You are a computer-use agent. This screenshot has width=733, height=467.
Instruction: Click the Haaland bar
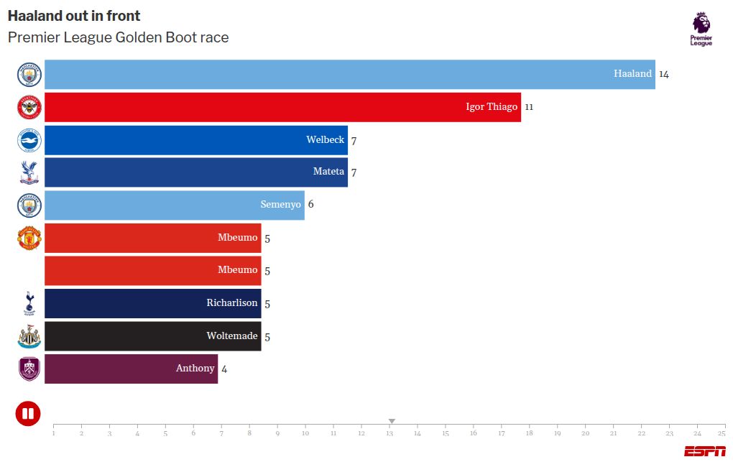tap(349, 74)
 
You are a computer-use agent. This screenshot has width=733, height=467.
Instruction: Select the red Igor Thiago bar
tap(282, 107)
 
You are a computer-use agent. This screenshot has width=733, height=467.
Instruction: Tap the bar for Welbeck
tap(195, 140)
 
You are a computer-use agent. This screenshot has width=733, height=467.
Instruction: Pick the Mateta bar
tap(195, 172)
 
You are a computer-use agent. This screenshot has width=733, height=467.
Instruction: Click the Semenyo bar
tap(174, 205)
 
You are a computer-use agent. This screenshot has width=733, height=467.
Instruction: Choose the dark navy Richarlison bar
tap(152, 303)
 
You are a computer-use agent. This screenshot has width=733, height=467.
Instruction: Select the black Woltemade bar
tap(152, 336)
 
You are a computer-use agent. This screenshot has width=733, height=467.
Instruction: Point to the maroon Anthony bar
tap(131, 369)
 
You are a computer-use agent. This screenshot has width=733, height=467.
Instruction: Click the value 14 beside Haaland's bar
tap(664, 74)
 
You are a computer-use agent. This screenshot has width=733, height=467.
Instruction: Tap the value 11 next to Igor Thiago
tap(529, 107)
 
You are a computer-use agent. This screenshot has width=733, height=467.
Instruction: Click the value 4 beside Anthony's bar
tap(224, 369)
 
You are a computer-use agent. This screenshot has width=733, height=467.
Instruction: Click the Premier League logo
tap(701, 29)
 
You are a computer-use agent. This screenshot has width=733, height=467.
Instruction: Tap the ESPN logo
tap(704, 451)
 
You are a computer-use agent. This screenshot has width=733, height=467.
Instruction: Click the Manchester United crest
tap(29, 238)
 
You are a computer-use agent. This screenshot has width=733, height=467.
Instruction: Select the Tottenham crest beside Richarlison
tap(29, 303)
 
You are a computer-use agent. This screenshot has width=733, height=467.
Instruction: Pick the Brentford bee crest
tap(29, 107)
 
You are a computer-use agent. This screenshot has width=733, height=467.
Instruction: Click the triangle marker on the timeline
tap(392, 421)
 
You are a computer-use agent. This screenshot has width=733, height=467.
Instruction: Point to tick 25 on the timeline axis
tap(722, 433)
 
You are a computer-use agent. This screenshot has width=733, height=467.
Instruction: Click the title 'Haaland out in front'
tap(74, 16)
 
